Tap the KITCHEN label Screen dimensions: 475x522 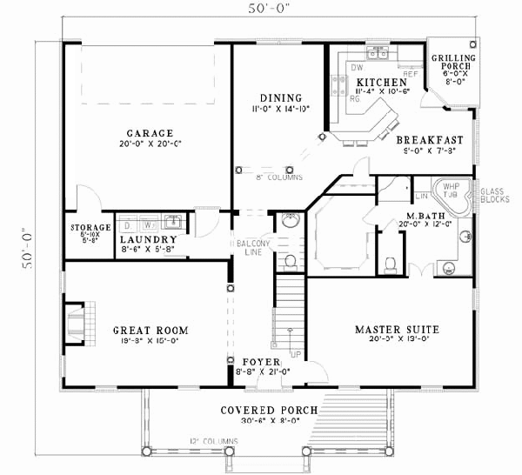[375, 84]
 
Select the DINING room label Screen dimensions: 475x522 [281, 97]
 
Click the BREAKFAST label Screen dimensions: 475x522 [429, 139]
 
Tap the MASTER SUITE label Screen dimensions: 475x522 [397, 330]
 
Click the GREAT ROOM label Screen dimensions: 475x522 [151, 331]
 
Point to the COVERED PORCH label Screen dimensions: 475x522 [268, 410]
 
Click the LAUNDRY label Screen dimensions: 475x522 [149, 239]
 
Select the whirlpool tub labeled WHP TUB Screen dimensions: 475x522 [451, 193]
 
